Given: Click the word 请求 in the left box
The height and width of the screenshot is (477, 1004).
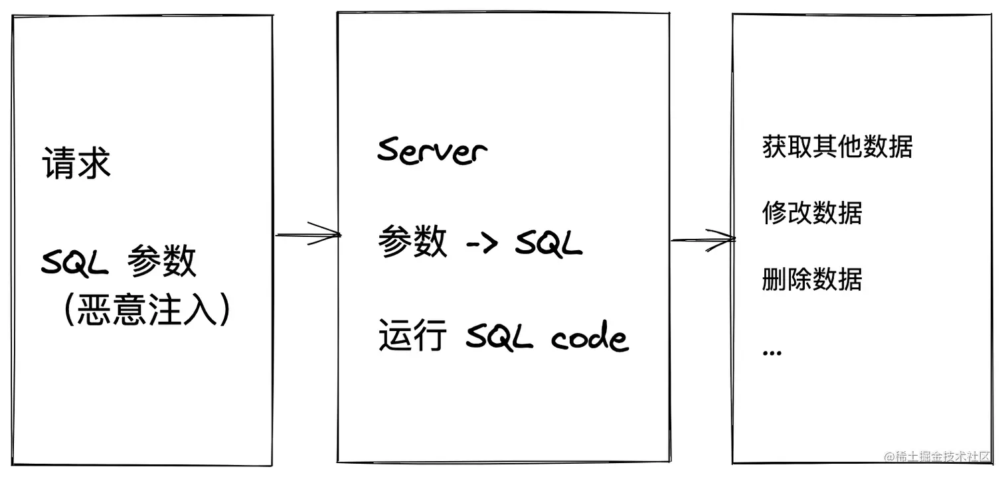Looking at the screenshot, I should (x=76, y=163).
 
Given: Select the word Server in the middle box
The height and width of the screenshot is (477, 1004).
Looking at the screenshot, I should (x=432, y=151).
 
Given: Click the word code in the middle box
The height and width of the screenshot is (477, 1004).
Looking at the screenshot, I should (x=589, y=338).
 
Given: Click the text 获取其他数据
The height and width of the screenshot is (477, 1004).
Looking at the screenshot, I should (x=837, y=147).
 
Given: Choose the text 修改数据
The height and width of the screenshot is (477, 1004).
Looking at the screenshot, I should (x=812, y=213).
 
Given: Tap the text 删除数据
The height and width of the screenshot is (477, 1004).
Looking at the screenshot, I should (x=812, y=279).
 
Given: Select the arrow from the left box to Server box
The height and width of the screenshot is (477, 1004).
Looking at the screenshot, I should (x=307, y=234).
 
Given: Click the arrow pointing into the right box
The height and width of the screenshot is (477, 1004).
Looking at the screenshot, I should (x=703, y=239).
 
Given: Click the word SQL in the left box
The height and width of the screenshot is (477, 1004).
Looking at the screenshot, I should (x=74, y=263).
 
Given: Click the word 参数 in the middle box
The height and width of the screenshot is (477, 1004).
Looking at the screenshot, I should (x=412, y=242).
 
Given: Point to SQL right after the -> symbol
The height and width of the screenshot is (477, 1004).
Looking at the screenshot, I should (x=548, y=243).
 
